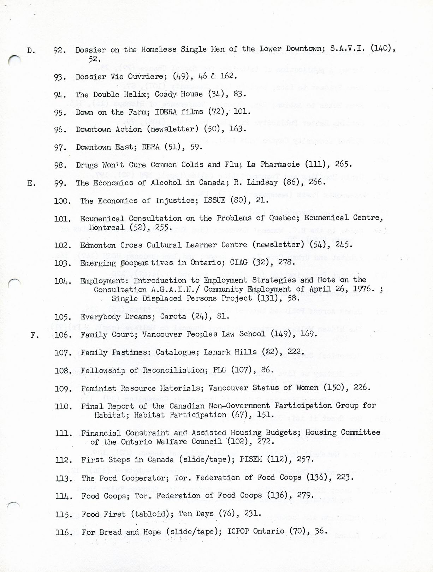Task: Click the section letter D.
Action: (30, 50)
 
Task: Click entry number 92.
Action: (59, 50)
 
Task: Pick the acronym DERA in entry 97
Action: (151, 147)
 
